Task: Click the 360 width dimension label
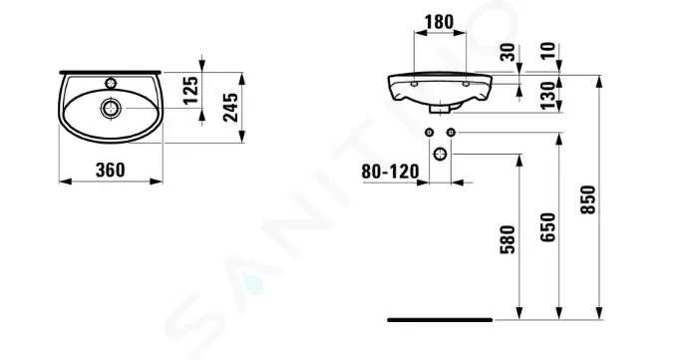click(x=111, y=171)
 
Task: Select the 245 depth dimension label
click(x=230, y=108)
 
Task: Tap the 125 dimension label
click(x=190, y=91)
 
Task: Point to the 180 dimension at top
click(x=440, y=22)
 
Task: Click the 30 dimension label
click(x=508, y=53)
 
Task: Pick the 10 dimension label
click(x=548, y=50)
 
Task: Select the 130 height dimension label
click(x=548, y=96)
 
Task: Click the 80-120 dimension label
click(x=390, y=172)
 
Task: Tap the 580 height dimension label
click(x=508, y=239)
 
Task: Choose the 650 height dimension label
click(x=548, y=227)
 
